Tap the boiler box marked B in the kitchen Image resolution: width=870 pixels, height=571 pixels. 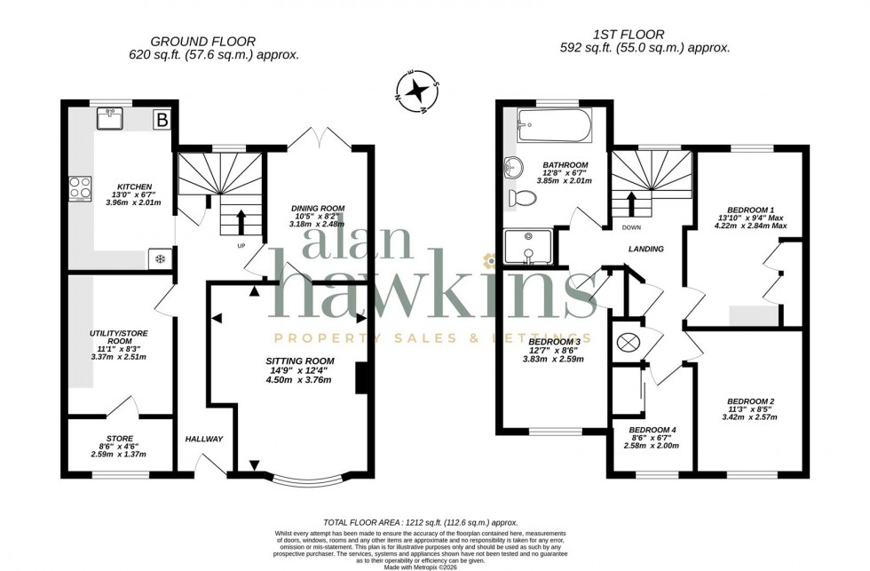coord(162,119)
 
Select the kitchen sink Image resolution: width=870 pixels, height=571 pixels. coord(113,119)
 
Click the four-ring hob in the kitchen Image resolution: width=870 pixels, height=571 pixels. coord(77,188)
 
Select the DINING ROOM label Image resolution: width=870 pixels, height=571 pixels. coord(318,209)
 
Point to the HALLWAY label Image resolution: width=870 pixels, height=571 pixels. coord(204,440)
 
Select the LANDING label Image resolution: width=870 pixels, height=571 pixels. coord(645,250)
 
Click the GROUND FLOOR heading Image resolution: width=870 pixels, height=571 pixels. coord(202,41)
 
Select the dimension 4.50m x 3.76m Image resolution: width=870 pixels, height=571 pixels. coord(299,380)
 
